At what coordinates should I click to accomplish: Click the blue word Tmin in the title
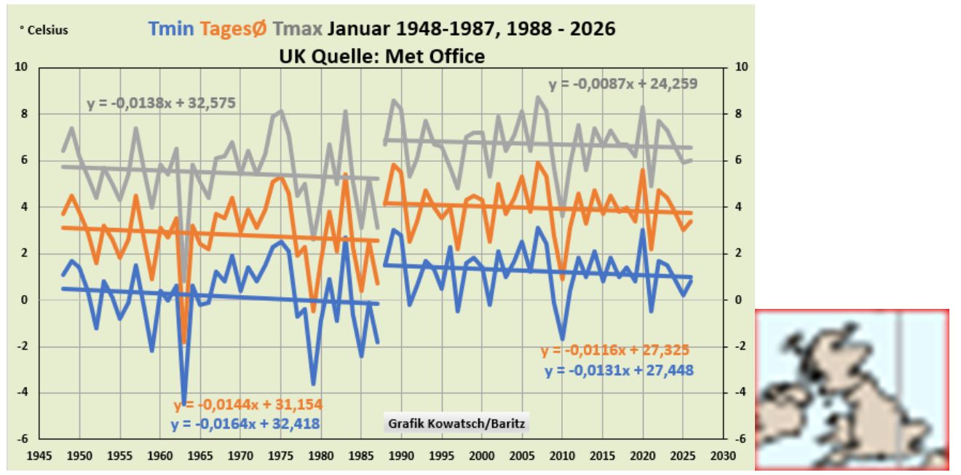tap(172, 29)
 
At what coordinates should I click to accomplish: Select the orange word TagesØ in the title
tap(233, 29)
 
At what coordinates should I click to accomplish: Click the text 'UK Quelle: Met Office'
tap(381, 55)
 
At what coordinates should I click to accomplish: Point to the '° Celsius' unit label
tap(43, 31)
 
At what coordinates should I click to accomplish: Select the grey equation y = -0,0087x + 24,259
tap(622, 84)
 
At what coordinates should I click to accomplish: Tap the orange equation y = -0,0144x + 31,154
tap(248, 405)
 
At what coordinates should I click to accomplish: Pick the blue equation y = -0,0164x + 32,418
tap(245, 423)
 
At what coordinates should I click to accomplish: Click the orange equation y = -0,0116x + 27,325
tap(614, 350)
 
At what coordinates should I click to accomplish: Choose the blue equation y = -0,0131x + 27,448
tap(619, 370)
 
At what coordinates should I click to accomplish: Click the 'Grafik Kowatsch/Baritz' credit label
tap(456, 423)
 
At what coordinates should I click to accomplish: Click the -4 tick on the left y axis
tap(23, 393)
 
